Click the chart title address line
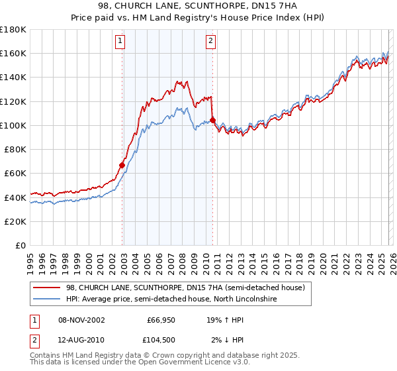[x=198, y=6]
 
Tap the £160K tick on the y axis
[x=13, y=53]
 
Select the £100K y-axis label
[x=13, y=125]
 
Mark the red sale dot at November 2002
[x=122, y=165]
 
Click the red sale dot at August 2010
[x=212, y=120]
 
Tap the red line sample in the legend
[x=48, y=288]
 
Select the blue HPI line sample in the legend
[x=48, y=299]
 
